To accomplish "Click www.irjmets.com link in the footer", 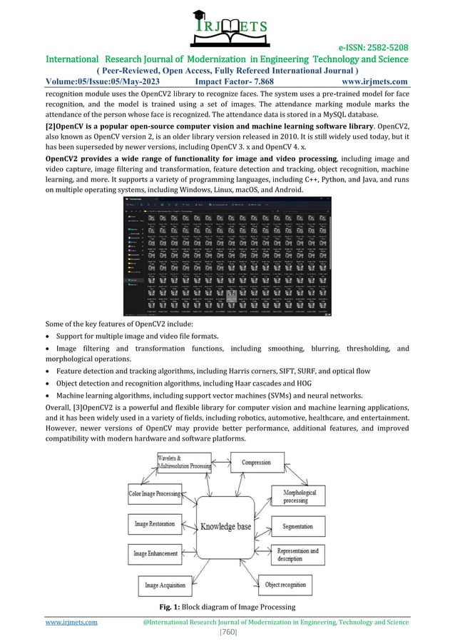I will coord(71,622).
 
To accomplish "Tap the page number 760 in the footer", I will coord(227,632).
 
